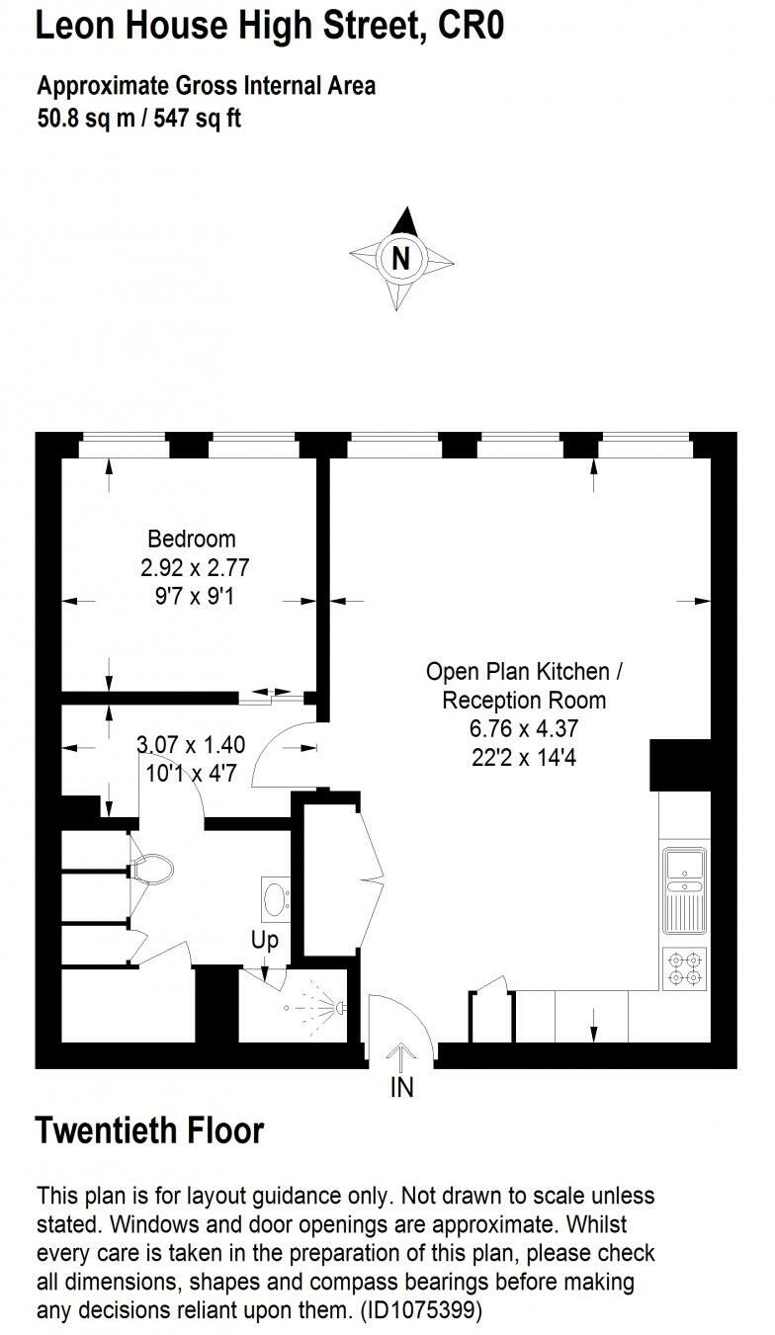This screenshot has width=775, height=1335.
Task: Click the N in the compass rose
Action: [400, 259]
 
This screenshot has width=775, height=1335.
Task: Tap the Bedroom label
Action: [192, 540]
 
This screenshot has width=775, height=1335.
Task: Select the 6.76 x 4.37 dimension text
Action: [524, 729]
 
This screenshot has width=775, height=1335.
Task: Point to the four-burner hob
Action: [685, 967]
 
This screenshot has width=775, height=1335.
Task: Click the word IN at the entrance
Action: [401, 1088]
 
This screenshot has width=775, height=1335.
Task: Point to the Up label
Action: [265, 941]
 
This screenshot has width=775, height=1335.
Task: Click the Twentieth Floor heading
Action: [149, 1130]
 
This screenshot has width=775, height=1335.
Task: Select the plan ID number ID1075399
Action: [421, 1311]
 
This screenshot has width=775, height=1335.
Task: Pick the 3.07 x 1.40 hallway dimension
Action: [191, 744]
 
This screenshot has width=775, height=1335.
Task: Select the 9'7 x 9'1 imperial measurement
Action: [192, 596]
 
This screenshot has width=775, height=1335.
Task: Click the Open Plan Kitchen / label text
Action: [524, 672]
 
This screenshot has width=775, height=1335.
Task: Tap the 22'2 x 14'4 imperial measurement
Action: [524, 758]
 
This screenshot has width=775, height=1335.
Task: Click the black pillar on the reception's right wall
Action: [680, 765]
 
